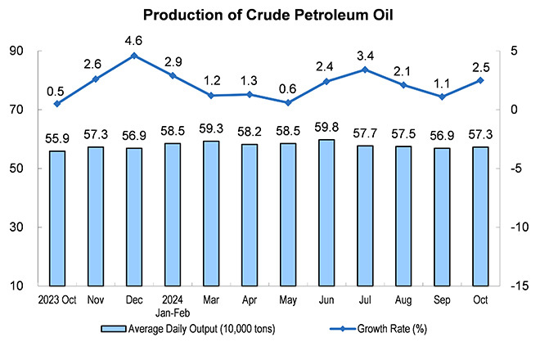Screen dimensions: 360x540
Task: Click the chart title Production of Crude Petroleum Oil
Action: click(x=270, y=16)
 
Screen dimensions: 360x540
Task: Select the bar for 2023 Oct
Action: click(x=56, y=218)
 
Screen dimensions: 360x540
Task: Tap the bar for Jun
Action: click(x=326, y=213)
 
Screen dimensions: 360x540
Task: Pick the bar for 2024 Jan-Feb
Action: click(x=172, y=214)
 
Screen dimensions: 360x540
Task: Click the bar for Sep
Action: click(x=442, y=217)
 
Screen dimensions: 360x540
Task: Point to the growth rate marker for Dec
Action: click(x=133, y=56)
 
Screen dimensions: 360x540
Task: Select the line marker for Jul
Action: click(x=364, y=70)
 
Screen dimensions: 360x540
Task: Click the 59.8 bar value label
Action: click(x=326, y=127)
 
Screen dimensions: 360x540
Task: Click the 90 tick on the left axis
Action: click(x=16, y=51)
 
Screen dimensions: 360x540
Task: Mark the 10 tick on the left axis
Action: click(x=16, y=286)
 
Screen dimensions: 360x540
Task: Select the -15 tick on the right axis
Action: click(x=517, y=286)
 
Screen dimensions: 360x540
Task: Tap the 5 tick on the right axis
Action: click(x=513, y=51)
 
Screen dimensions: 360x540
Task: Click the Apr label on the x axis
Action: click(x=249, y=299)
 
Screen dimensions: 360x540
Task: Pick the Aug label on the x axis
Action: click(x=403, y=299)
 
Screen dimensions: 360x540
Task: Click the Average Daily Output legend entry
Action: click(x=188, y=329)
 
